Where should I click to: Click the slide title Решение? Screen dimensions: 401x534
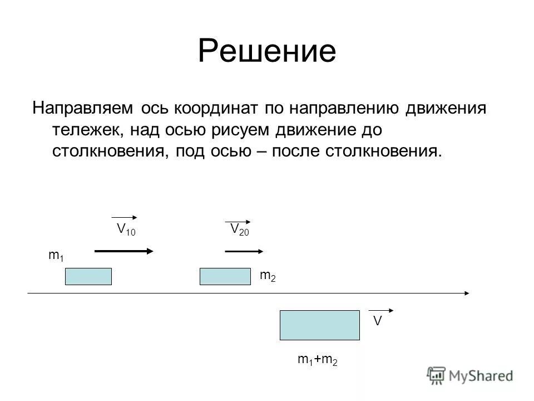coord(267,51)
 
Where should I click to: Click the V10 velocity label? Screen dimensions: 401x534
coord(125,229)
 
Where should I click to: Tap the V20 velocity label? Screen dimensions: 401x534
coord(239,229)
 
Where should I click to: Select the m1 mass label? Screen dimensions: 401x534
coord(56,256)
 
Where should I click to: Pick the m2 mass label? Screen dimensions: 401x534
coord(268,275)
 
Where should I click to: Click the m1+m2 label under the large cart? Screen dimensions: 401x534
coord(318,360)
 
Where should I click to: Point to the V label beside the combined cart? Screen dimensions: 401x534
coord(377,321)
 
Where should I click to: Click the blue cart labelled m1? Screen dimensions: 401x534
coord(88,276)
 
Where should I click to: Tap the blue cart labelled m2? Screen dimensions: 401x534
coord(225,276)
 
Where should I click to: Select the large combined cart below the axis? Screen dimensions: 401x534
coord(319,325)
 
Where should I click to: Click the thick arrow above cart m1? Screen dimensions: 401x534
coord(123,252)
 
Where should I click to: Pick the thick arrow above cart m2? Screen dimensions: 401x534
coord(243,252)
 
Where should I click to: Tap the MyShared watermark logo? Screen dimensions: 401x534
coord(470,375)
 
